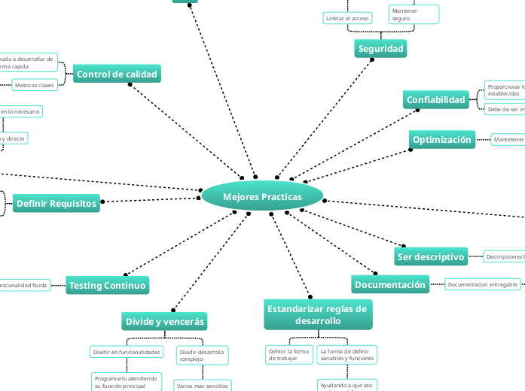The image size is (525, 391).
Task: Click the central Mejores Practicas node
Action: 262,196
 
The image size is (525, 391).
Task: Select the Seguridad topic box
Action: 380,49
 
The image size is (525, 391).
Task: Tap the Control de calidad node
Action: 117,74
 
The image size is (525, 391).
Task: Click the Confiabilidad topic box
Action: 436,100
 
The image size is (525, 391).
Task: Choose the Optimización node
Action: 442,139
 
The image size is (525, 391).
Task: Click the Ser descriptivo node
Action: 431,256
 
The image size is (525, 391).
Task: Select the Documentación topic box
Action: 390,284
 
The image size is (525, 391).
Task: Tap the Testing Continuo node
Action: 107,285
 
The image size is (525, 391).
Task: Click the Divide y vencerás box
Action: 164,321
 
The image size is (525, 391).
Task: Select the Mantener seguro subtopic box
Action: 413,14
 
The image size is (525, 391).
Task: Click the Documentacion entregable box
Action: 482,284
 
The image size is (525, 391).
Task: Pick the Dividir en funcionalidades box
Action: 126,352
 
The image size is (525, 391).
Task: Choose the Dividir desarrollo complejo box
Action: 201,355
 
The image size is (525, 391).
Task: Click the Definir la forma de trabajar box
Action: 288,354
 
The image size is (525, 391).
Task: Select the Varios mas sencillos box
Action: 202,386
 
